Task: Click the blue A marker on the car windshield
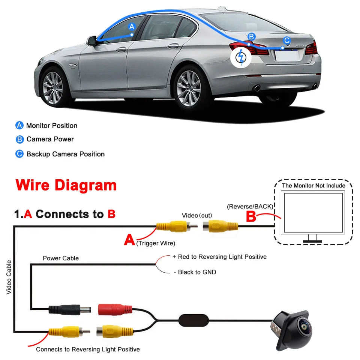pyautogui.click(x=132, y=27)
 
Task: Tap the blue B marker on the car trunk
pyautogui.click(x=252, y=37)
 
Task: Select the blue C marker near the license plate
pyautogui.click(x=286, y=40)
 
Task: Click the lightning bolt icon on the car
pyautogui.click(x=241, y=58)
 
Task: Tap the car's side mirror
pyautogui.click(x=91, y=40)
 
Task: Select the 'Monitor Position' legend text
pyautogui.click(x=52, y=126)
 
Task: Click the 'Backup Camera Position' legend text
pyautogui.click(x=65, y=154)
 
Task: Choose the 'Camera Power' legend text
pyautogui.click(x=50, y=139)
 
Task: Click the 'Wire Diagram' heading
pyautogui.click(x=66, y=185)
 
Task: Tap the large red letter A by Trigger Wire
pyautogui.click(x=129, y=240)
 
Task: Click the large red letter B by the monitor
pyautogui.click(x=251, y=216)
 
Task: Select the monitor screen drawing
pyautogui.click(x=313, y=213)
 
